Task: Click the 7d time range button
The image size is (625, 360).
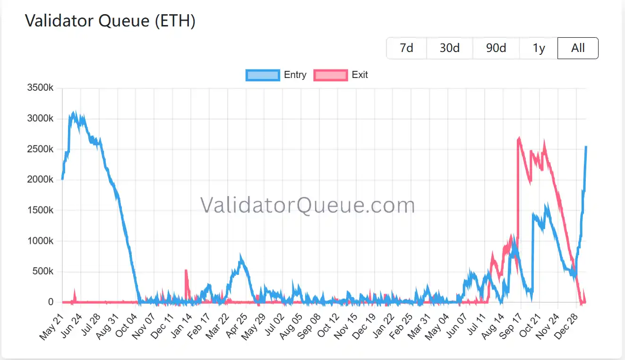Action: pos(406,48)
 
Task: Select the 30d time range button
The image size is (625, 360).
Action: pos(449,48)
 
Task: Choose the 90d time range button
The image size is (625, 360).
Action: pos(496,48)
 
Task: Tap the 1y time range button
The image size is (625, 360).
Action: pos(539,48)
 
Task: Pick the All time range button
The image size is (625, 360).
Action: pos(578,48)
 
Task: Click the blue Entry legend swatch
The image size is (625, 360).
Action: pos(263,75)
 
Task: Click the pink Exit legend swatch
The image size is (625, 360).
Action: pos(331,75)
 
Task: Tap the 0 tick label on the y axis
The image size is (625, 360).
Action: pos(51,302)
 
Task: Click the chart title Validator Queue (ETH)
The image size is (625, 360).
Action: pos(110,21)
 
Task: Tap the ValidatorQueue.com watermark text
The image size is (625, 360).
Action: pos(308,206)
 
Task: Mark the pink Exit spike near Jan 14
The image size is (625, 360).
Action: pos(186,271)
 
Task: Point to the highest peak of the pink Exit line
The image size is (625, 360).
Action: pos(519,138)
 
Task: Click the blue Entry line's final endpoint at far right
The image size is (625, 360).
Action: pos(586,147)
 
